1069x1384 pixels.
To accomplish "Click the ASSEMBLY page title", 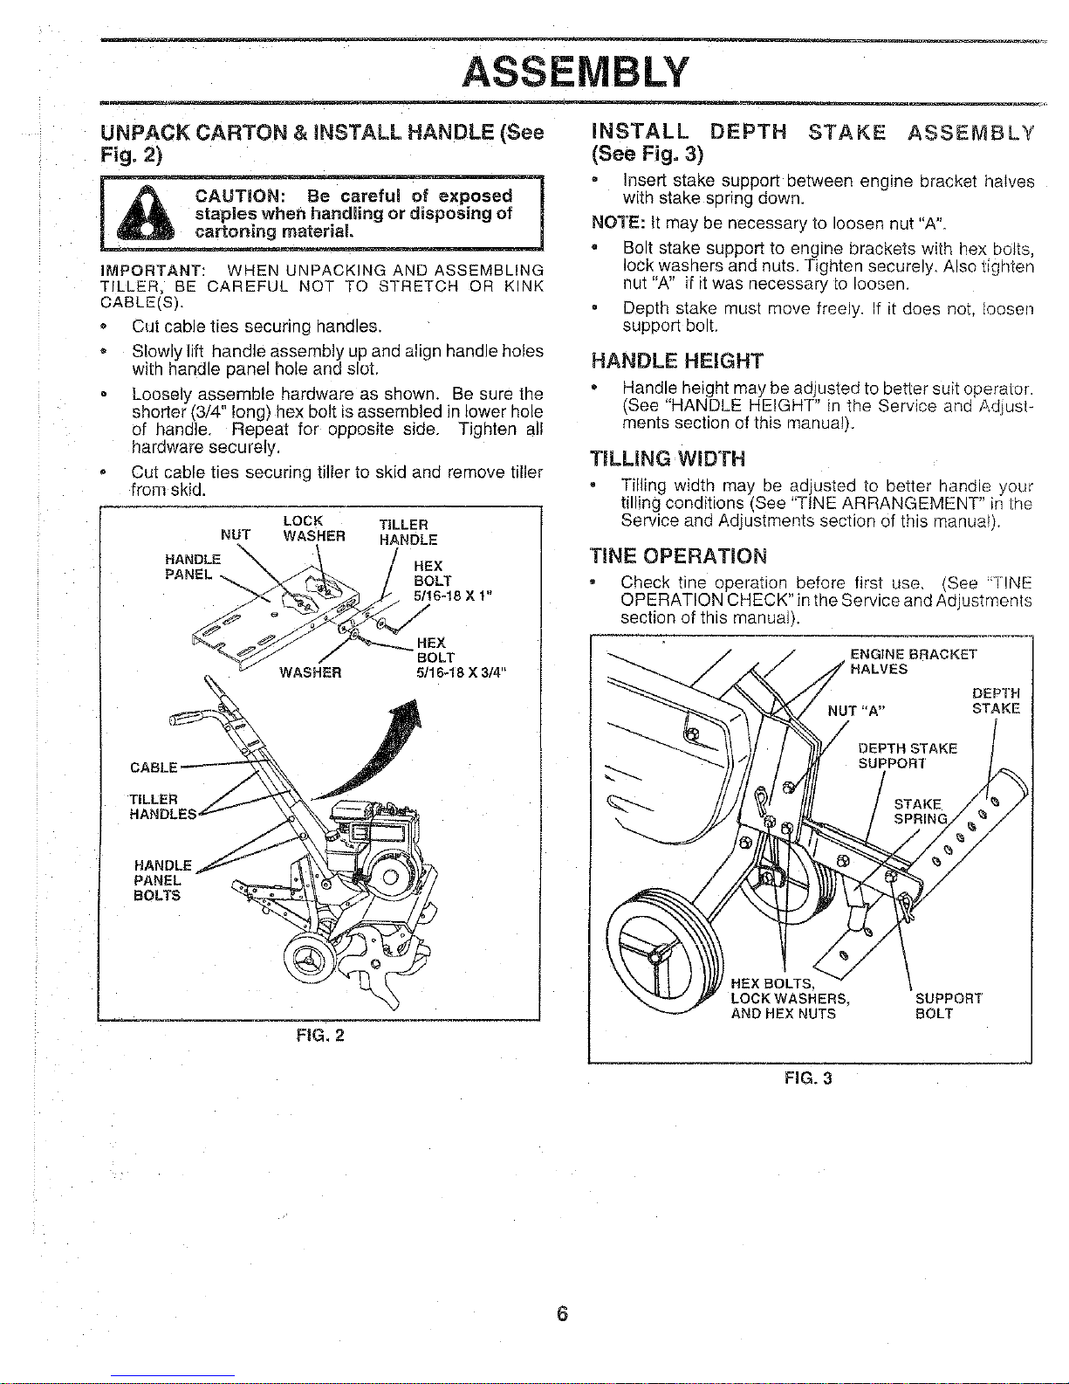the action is (575, 72).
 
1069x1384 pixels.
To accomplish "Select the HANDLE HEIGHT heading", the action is (677, 361).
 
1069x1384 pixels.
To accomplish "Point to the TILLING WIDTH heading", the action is (668, 458).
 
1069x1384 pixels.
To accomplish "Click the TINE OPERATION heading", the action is (678, 556).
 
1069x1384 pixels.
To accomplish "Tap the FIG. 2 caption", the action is (320, 1035).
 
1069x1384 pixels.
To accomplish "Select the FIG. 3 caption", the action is (808, 1078).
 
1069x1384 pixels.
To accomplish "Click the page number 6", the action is (562, 1313).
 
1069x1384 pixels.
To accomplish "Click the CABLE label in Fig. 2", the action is (154, 768).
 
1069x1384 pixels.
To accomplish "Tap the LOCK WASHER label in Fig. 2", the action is (313, 528).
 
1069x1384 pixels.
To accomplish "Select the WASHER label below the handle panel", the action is (311, 672).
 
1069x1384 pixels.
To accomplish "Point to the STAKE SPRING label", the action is (920, 811).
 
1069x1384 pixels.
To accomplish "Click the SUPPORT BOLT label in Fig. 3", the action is (949, 1006).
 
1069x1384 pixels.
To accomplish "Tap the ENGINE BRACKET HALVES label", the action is (913, 662).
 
